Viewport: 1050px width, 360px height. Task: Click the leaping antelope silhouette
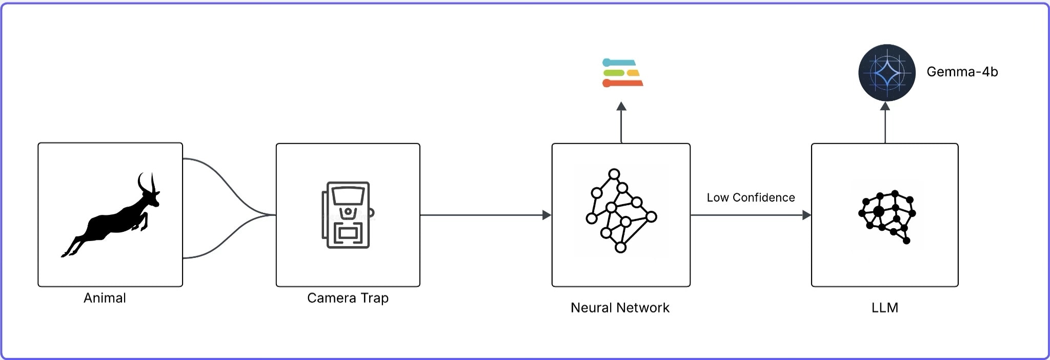[110, 221]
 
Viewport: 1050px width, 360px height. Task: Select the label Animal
[105, 298]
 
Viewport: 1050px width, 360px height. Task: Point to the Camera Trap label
[348, 298]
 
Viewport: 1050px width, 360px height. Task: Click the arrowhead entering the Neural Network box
[547, 215]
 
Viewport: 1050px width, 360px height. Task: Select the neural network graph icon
[621, 211]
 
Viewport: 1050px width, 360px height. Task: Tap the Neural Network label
[620, 308]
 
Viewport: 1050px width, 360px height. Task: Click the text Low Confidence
[751, 197]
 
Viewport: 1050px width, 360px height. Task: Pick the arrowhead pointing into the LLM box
[806, 215]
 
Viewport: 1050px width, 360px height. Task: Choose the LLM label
[884, 308]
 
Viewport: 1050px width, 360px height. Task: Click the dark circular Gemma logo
[887, 72]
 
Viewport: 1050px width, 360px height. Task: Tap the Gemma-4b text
[962, 72]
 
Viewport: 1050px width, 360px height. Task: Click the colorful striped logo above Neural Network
[622, 73]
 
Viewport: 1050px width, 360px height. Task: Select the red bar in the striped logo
[623, 83]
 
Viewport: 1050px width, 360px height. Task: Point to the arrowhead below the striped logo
[621, 106]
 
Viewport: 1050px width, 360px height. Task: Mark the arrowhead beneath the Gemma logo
[885, 106]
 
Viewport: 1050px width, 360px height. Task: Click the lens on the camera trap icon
[349, 211]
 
